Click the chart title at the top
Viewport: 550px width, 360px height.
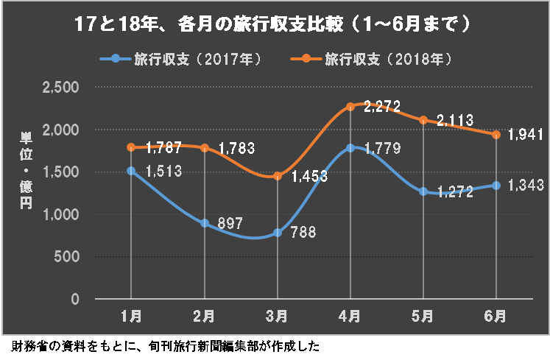tap(273, 24)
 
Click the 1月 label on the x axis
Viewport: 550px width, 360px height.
tap(131, 317)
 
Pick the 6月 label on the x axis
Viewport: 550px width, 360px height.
tap(496, 317)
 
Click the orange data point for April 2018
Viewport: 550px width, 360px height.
tap(350, 107)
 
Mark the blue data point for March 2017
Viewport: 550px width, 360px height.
tap(278, 233)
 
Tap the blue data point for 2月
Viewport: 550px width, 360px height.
tap(204, 223)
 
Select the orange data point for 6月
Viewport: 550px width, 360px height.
tap(496, 135)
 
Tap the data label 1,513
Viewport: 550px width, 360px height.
tap(163, 172)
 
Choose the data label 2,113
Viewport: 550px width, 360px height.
tap(455, 120)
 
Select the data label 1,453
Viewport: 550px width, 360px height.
tap(309, 177)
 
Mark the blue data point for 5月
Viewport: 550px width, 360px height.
tap(423, 191)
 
